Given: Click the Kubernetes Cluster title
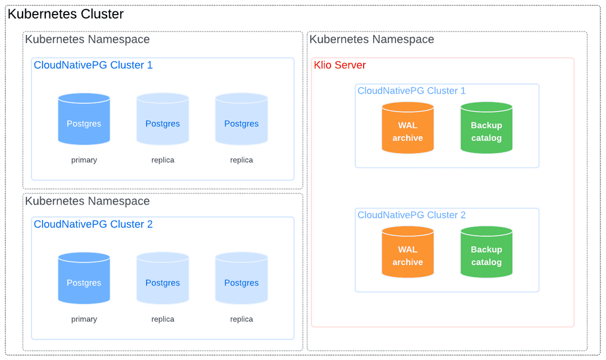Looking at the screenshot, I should pyautogui.click(x=66, y=15).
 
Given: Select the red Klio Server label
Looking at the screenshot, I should pyautogui.click(x=339, y=65).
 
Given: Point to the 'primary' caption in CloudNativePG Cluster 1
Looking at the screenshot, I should pyautogui.click(x=84, y=160).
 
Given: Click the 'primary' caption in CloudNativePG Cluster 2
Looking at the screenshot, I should pyautogui.click(x=84, y=319).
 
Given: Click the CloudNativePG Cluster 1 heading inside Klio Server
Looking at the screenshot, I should pyautogui.click(x=411, y=91).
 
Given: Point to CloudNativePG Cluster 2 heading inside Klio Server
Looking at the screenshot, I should pyautogui.click(x=411, y=215).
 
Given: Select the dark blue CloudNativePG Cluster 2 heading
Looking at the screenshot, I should pyautogui.click(x=93, y=224).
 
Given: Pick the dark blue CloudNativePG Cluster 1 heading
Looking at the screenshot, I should pyautogui.click(x=93, y=65).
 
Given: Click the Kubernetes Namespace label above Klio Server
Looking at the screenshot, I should pyautogui.click(x=371, y=39).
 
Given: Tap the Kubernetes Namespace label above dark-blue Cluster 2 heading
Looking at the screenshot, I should pyautogui.click(x=87, y=201).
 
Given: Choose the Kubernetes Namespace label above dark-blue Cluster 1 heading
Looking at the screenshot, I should pyautogui.click(x=87, y=39).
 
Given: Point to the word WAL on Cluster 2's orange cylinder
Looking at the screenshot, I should pyautogui.click(x=408, y=250).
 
